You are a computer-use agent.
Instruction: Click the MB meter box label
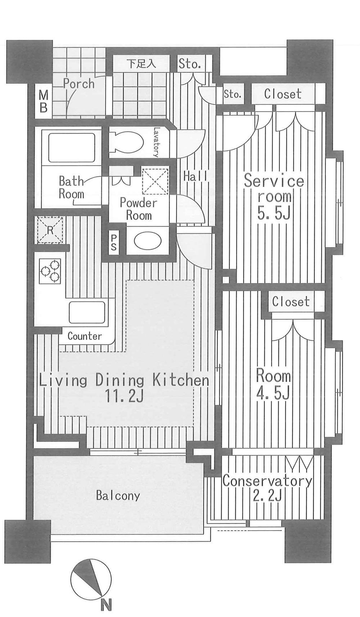[44, 102]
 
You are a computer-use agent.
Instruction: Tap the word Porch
[79, 84]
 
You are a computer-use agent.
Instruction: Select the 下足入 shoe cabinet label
[141, 64]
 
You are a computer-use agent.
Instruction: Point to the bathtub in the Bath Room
[71, 148]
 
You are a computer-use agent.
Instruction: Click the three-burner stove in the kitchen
[50, 271]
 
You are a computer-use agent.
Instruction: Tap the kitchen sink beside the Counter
[87, 312]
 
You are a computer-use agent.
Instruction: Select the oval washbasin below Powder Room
[147, 240]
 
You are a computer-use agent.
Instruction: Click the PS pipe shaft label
[113, 243]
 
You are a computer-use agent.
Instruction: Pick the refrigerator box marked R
[50, 230]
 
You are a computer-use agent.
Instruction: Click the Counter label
[85, 336]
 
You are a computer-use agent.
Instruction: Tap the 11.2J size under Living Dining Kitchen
[125, 396]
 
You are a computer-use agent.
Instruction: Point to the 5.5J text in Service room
[274, 213]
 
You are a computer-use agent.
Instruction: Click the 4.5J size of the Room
[273, 393]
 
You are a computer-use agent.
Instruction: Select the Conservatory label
[267, 481]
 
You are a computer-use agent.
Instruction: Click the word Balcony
[118, 496]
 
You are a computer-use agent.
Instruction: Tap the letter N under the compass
[106, 604]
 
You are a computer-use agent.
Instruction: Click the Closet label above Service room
[283, 94]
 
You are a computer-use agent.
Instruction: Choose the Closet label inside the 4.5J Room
[291, 301]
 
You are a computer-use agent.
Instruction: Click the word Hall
[195, 176]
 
